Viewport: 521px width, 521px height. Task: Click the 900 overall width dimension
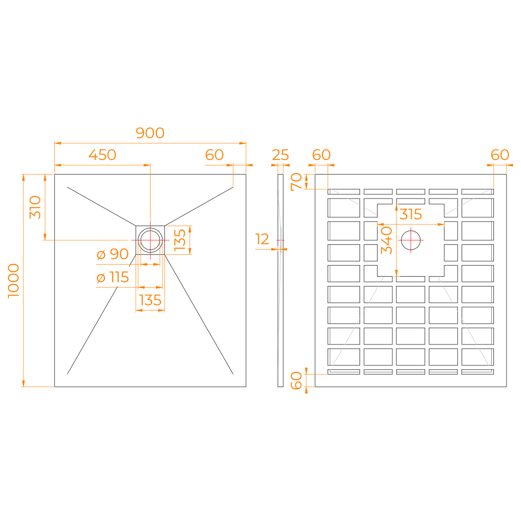pyautogui.click(x=150, y=133)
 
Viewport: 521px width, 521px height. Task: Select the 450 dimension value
pyautogui.click(x=102, y=155)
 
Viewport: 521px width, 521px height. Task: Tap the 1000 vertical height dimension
pyautogui.click(x=14, y=280)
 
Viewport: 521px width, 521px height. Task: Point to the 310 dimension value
pyautogui.click(x=35, y=207)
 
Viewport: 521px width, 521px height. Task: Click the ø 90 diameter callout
pyautogui.click(x=113, y=254)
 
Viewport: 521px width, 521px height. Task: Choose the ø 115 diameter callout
pyautogui.click(x=113, y=277)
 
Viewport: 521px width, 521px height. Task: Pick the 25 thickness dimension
pyautogui.click(x=280, y=155)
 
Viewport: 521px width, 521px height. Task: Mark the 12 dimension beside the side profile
pyautogui.click(x=263, y=239)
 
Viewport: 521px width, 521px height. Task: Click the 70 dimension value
pyautogui.click(x=296, y=182)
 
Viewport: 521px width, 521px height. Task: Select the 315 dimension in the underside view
pyautogui.click(x=411, y=214)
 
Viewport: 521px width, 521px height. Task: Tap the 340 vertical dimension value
pyautogui.click(x=386, y=240)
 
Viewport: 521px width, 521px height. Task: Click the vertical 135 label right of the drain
pyautogui.click(x=179, y=240)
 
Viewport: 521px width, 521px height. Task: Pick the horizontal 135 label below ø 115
pyautogui.click(x=150, y=300)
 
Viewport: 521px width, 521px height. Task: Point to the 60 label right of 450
pyautogui.click(x=214, y=155)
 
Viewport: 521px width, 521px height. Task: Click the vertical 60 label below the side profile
pyautogui.click(x=296, y=380)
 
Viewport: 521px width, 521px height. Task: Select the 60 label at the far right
pyautogui.click(x=500, y=155)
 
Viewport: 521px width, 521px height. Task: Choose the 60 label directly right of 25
pyautogui.click(x=321, y=155)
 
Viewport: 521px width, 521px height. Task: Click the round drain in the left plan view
pyautogui.click(x=150, y=240)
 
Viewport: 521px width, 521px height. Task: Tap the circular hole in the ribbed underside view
pyautogui.click(x=411, y=240)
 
